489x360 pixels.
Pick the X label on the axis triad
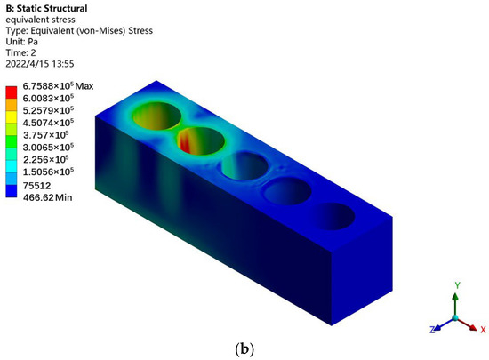(482, 329)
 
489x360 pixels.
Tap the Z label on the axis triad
(431, 329)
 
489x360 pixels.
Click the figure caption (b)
(244, 349)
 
